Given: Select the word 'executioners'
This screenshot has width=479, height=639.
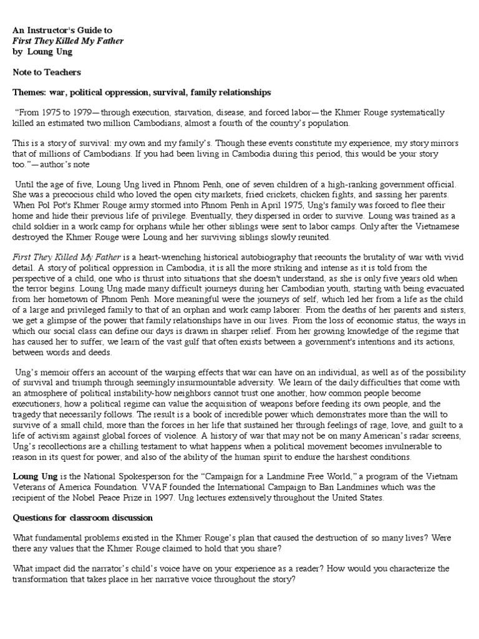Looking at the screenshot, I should click(x=40, y=402).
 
